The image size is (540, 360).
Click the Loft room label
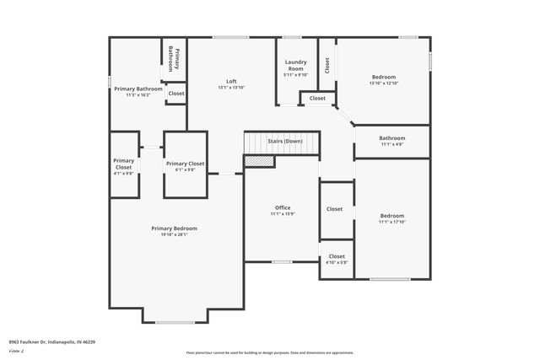pos(231,81)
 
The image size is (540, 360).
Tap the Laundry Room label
pos(295,62)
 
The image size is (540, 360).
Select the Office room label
pos(283,207)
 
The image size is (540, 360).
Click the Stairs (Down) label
pos(284,141)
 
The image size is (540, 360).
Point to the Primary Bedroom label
pos(175,228)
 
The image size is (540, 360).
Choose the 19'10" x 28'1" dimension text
pos(175,234)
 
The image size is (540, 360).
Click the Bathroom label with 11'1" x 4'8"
pos(392,138)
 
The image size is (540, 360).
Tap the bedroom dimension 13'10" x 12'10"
pos(384,83)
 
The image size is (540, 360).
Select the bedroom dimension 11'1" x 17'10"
pos(392,222)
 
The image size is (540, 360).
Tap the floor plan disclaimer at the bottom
pos(270,352)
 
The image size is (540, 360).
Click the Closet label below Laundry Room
pos(317,99)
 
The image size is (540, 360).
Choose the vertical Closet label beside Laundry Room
pos(327,65)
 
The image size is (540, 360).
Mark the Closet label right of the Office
pos(335,209)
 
